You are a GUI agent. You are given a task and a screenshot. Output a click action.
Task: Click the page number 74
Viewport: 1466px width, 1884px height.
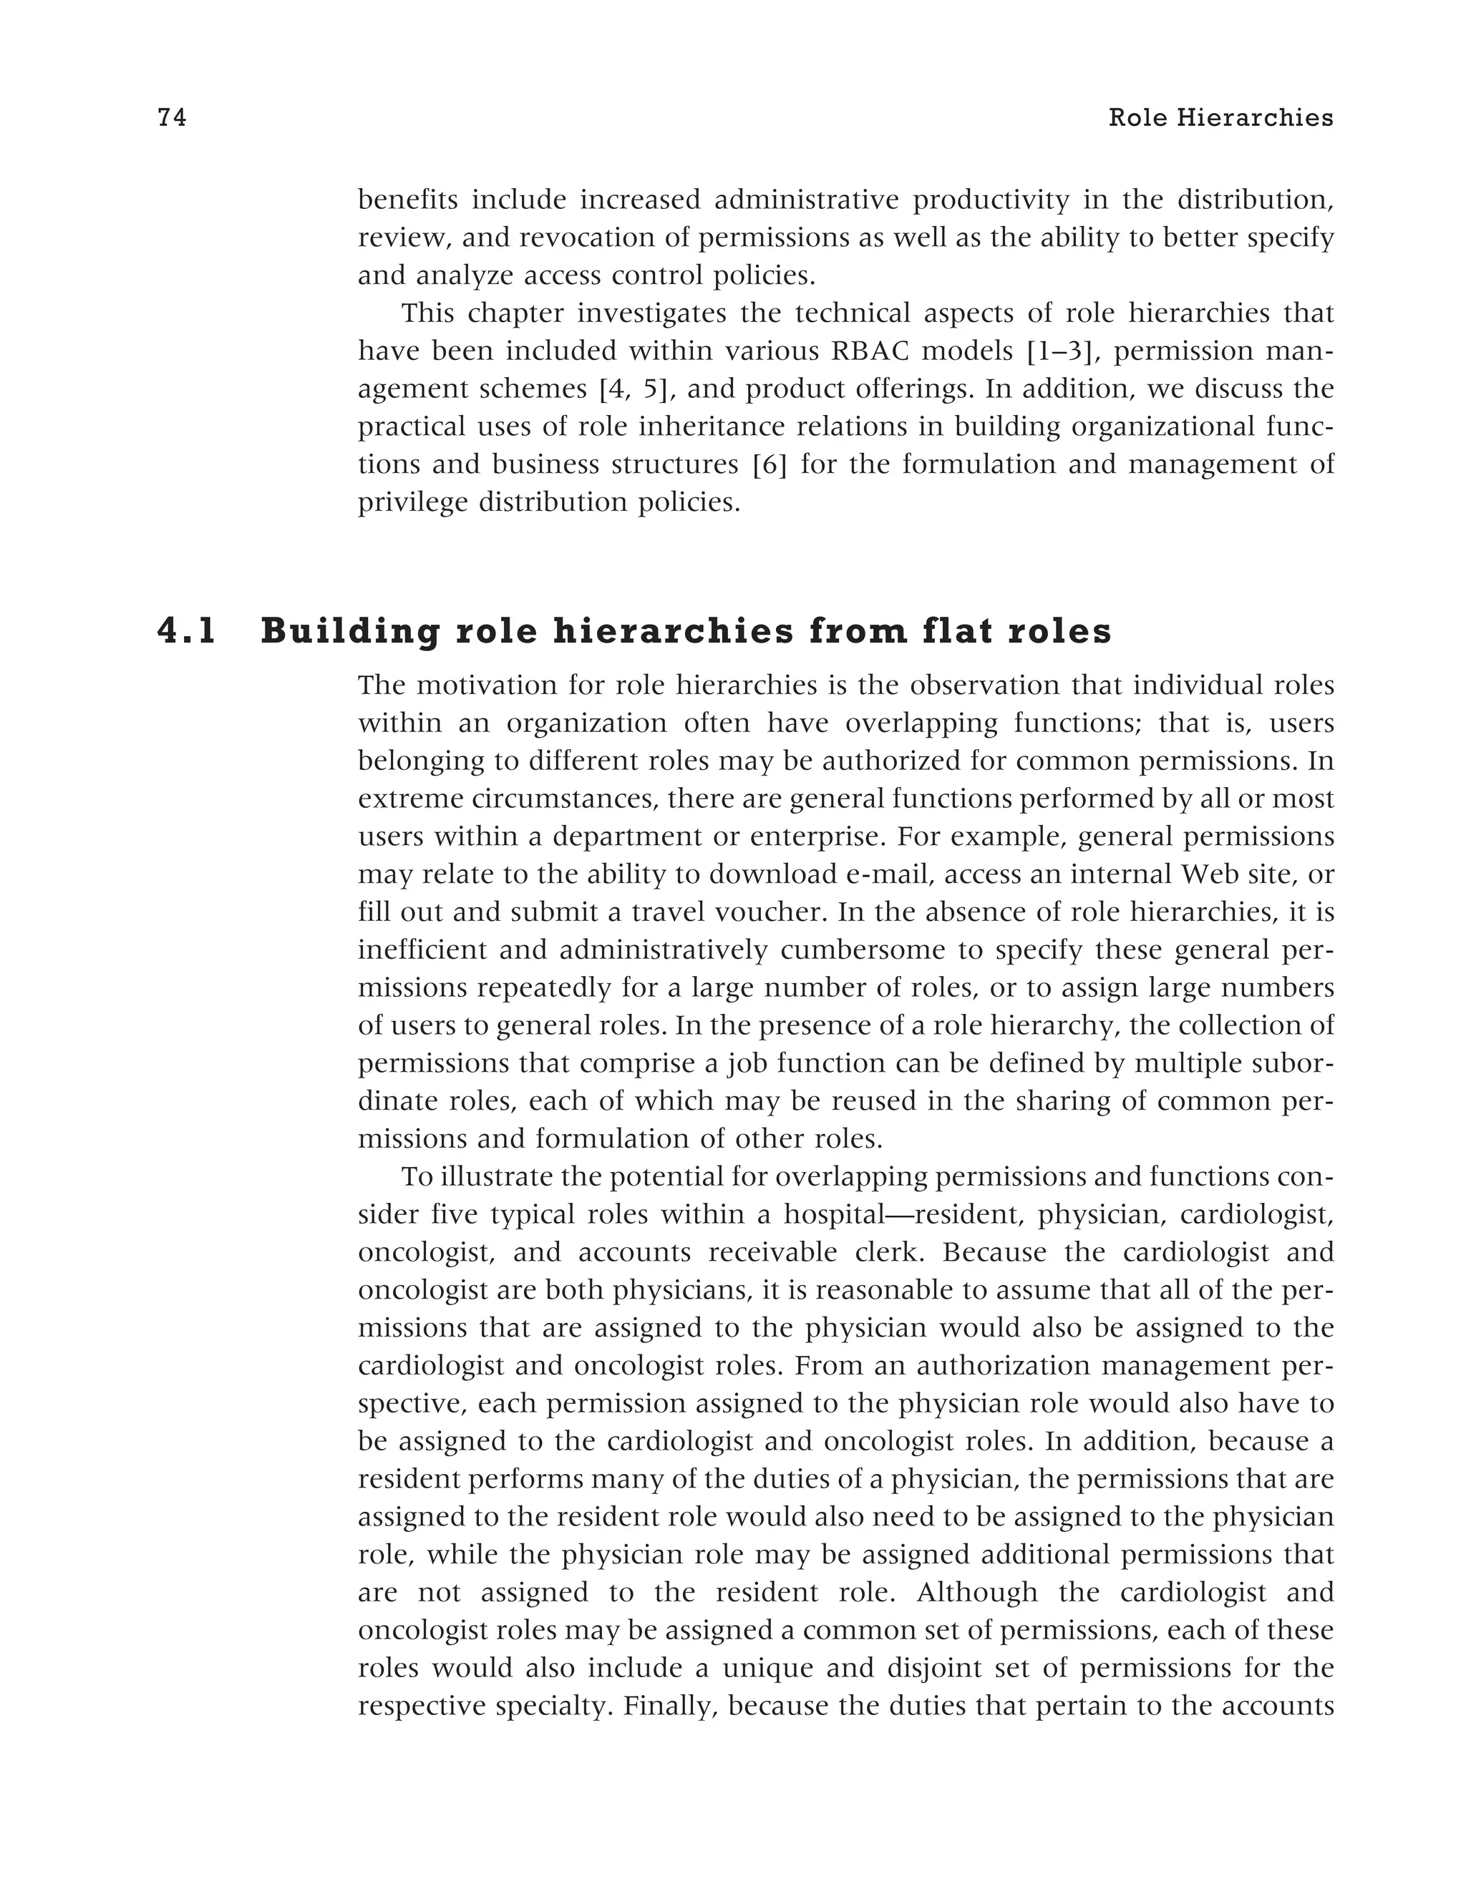(172, 118)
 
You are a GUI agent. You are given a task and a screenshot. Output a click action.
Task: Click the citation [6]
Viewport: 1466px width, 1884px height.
(768, 465)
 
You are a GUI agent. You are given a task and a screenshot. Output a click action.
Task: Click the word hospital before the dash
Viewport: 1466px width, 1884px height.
(835, 1214)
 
